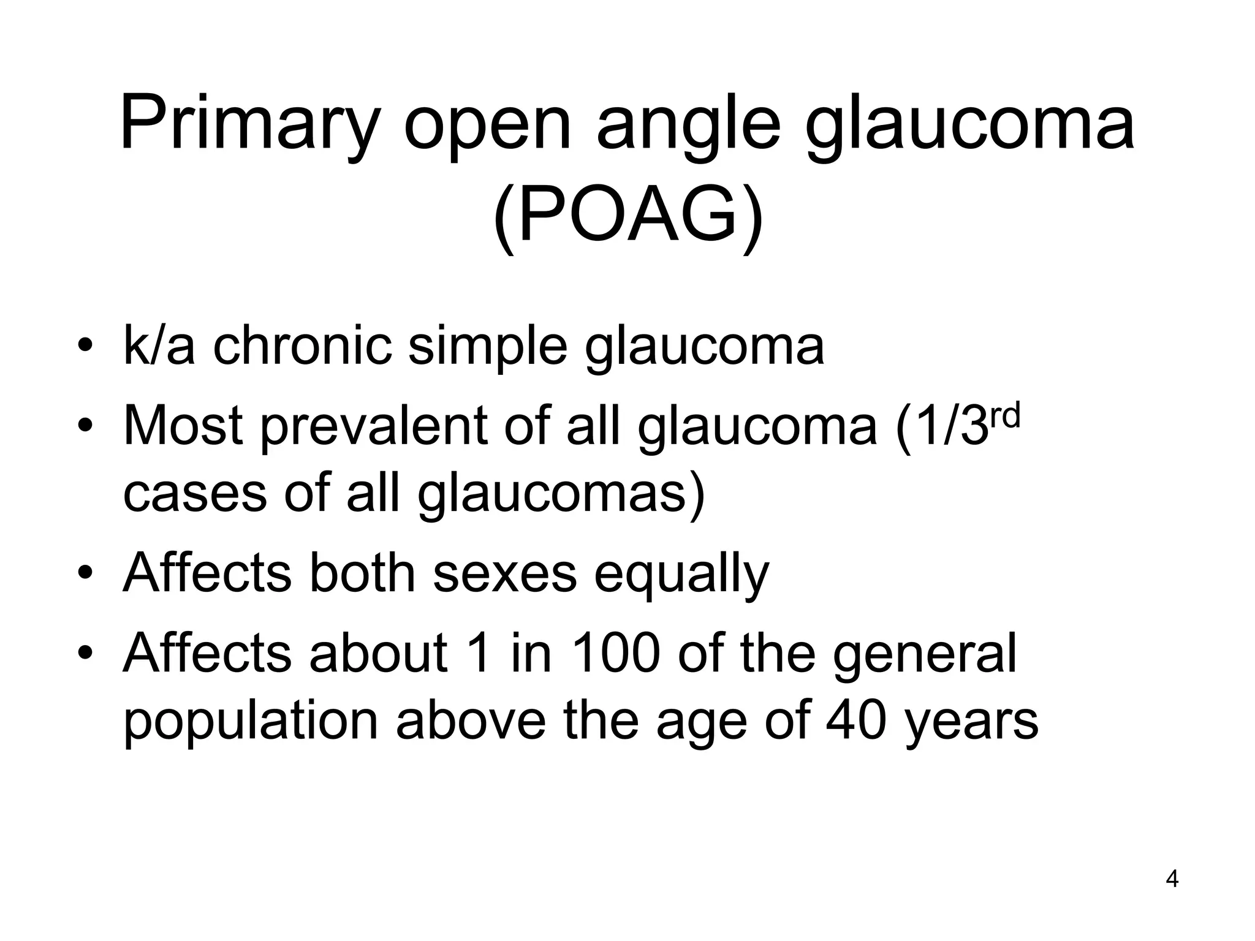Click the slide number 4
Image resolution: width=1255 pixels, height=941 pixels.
point(1172,879)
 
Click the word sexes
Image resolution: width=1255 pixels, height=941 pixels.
point(505,573)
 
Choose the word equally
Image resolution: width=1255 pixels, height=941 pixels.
point(681,573)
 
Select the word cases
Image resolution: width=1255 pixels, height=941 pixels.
point(194,493)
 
